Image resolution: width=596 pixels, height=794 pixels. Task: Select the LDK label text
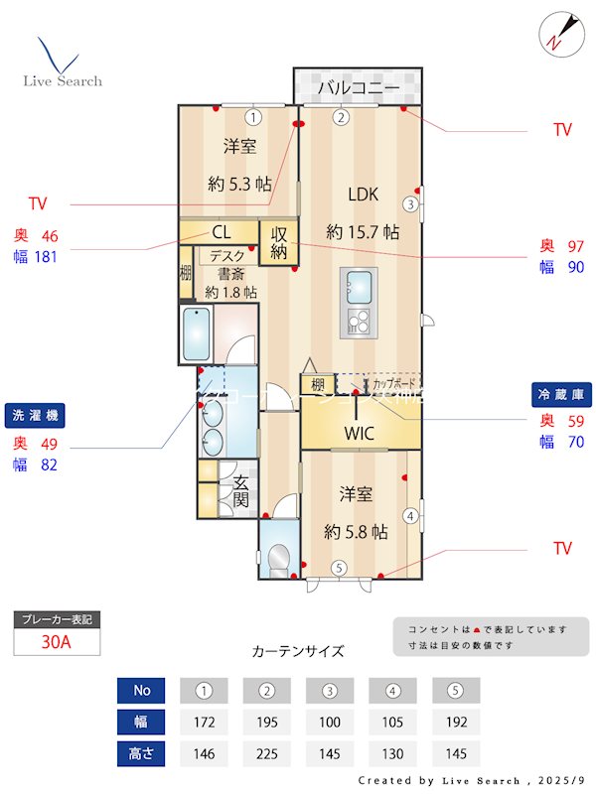pos(363,194)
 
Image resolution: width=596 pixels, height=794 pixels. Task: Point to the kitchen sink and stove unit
pos(358,302)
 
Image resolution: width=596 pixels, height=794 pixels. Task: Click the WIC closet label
pos(359,434)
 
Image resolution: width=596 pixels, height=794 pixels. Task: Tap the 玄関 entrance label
pos(240,491)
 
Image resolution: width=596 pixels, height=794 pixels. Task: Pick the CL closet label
pos(221,232)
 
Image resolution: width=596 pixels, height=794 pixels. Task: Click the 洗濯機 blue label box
pos(40,414)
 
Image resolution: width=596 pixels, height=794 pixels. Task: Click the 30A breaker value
pos(57,641)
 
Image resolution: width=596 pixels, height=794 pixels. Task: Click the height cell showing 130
pos(392,753)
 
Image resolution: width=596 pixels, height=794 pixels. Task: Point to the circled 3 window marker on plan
pos(410,204)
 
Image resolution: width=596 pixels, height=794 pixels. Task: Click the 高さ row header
pos(140,753)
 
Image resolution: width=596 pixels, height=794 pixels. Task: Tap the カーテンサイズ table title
pos(298,651)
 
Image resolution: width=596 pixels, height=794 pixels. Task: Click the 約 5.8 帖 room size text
pos(355,532)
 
